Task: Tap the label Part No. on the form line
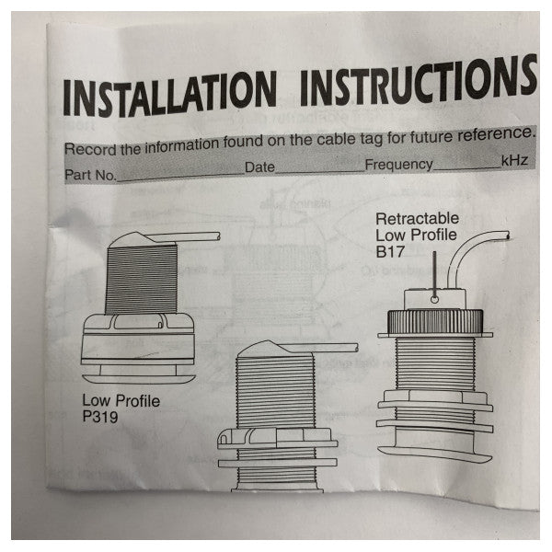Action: point(90,174)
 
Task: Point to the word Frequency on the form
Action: point(398,165)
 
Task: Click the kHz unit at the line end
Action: point(513,161)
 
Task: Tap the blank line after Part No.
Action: point(179,174)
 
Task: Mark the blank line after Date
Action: point(319,170)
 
